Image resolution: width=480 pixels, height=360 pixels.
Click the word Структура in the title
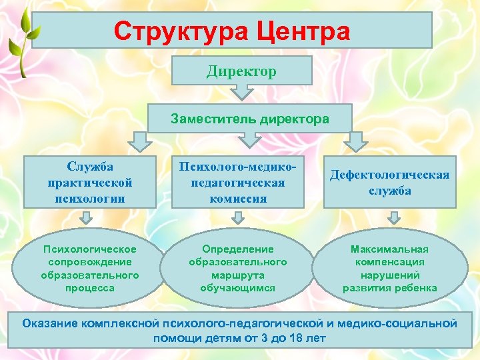coord(175,30)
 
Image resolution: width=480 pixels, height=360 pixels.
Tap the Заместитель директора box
coord(249,119)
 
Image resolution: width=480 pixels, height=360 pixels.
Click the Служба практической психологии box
coord(90,182)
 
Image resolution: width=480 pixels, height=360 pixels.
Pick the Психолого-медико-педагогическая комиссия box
coord(238,182)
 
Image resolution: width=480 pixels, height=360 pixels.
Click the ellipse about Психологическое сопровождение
coord(90,268)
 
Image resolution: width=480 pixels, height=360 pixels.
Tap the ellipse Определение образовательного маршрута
coord(238,268)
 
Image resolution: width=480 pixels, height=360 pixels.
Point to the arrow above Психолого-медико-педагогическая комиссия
coord(249,139)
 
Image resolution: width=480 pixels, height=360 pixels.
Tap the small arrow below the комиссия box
coord(237,218)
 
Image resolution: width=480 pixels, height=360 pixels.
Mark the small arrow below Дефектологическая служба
coord(394,218)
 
